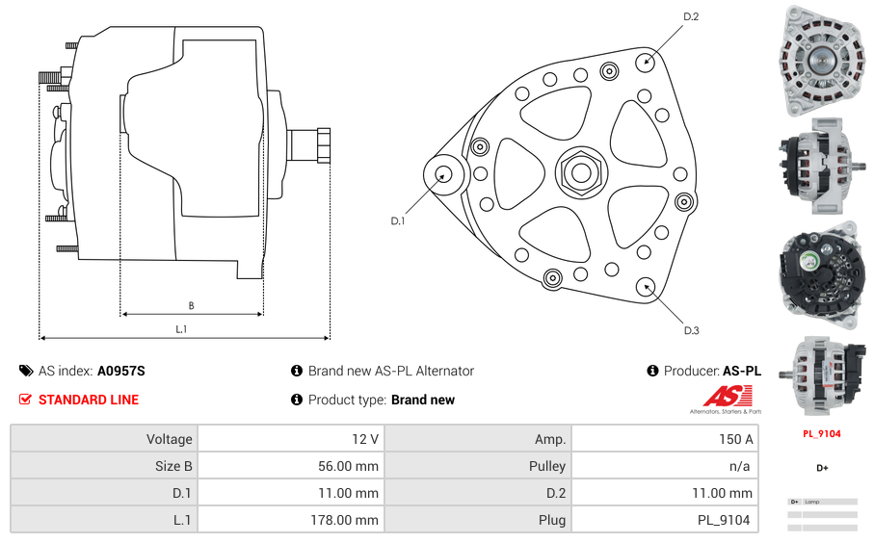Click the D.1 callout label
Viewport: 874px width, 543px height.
(x=397, y=221)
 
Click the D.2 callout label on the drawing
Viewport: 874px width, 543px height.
(x=690, y=16)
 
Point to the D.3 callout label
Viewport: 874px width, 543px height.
(x=691, y=330)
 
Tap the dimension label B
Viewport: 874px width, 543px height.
(x=191, y=306)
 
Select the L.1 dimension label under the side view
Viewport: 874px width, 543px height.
(x=181, y=329)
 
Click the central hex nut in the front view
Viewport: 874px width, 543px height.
(x=580, y=172)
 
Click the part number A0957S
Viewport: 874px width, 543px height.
(x=120, y=371)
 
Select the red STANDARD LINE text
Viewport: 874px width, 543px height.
(x=89, y=400)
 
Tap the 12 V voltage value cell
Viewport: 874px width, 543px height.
(x=365, y=439)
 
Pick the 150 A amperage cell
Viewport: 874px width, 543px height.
(x=737, y=439)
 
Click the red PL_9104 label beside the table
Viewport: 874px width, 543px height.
(x=822, y=434)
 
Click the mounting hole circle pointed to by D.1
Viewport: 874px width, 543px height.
(x=444, y=174)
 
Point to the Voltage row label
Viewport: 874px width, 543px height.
(x=169, y=439)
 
